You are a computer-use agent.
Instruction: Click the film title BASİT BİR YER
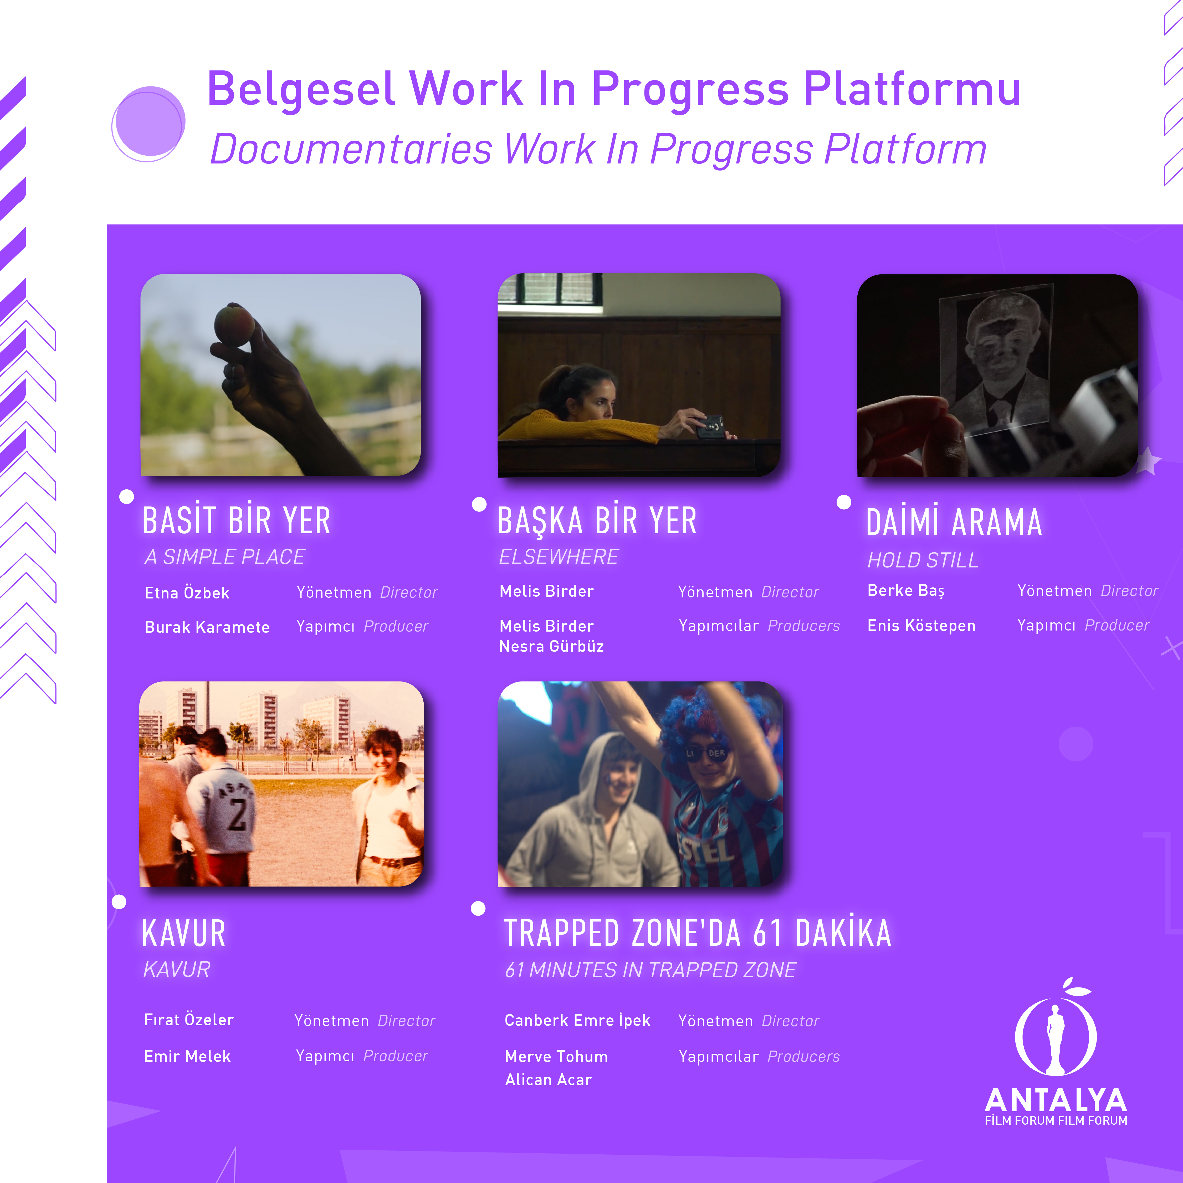pyautogui.click(x=236, y=520)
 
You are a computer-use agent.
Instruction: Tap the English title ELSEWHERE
pyautogui.click(x=559, y=557)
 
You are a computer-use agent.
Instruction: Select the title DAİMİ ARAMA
pyautogui.click(x=954, y=522)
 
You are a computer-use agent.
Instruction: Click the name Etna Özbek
pyautogui.click(x=187, y=593)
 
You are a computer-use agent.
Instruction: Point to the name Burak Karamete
pyautogui.click(x=207, y=627)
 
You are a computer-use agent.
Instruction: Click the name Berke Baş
pyautogui.click(x=906, y=591)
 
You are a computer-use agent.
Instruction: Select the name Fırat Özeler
pyautogui.click(x=189, y=1020)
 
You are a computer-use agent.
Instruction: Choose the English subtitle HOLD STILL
pyautogui.click(x=923, y=560)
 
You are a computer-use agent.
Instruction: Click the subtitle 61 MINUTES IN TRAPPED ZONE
pyautogui.click(x=650, y=970)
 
